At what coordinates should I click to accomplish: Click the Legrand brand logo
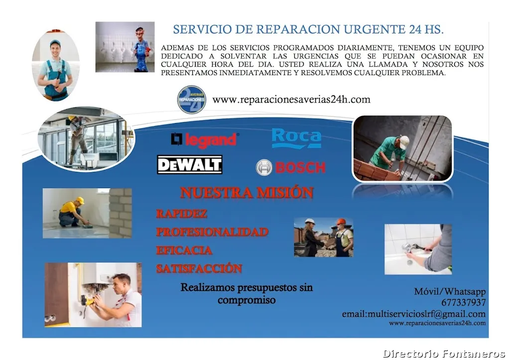click(205, 139)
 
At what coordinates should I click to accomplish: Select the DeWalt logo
click(190, 165)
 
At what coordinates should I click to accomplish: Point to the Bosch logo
click(290, 167)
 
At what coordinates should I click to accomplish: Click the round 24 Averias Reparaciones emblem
click(192, 100)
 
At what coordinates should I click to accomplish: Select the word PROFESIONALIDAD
click(212, 232)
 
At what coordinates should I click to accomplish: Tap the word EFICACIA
click(184, 250)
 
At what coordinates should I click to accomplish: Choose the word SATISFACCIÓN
click(199, 268)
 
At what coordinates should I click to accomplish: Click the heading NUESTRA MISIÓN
click(247, 193)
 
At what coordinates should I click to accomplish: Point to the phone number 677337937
click(463, 303)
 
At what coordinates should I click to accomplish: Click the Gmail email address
click(413, 314)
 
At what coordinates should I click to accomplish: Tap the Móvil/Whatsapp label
click(450, 292)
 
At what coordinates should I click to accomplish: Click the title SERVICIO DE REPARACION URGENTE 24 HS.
click(308, 30)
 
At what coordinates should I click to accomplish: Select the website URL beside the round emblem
click(291, 100)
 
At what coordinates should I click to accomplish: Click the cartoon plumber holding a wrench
click(141, 47)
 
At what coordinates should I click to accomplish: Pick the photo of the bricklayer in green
click(402, 148)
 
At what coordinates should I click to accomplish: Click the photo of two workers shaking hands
click(323, 237)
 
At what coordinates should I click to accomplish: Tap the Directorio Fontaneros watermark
click(444, 354)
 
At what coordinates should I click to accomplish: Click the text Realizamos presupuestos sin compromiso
click(247, 294)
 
